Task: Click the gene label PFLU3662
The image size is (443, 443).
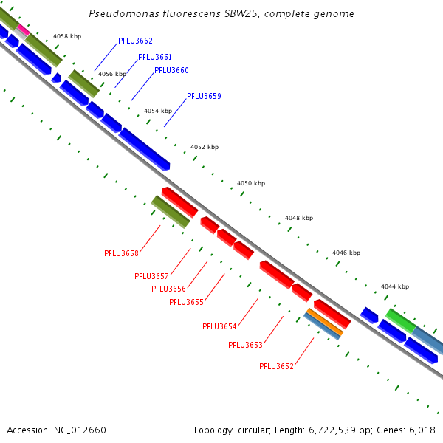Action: pyautogui.click(x=135, y=41)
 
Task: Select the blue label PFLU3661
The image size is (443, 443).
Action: pyautogui.click(x=155, y=57)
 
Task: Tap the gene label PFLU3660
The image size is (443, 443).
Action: pyautogui.click(x=171, y=70)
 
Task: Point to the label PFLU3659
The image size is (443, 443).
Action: pyautogui.click(x=204, y=96)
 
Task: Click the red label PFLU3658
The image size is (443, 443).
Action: pyautogui.click(x=121, y=253)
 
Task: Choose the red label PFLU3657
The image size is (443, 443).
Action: pyautogui.click(x=151, y=276)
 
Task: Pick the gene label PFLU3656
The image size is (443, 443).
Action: pyautogui.click(x=168, y=289)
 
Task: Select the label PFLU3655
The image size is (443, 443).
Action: pyautogui.click(x=186, y=302)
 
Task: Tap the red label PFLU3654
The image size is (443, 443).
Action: pyautogui.click(x=219, y=326)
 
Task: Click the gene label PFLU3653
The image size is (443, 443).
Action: pyautogui.click(x=245, y=345)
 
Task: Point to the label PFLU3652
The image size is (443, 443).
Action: pyautogui.click(x=276, y=366)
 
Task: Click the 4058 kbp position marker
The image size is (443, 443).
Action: pyautogui.click(x=66, y=36)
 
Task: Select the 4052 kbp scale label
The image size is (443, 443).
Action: pyautogui.click(x=205, y=148)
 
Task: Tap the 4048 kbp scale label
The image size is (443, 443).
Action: pyautogui.click(x=299, y=218)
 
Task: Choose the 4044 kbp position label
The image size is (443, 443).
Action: pyautogui.click(x=394, y=286)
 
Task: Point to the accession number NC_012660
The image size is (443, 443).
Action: pyautogui.click(x=80, y=430)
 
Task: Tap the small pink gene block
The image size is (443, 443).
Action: pyautogui.click(x=23, y=30)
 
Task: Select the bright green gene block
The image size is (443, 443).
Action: pyautogui.click(x=400, y=320)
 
